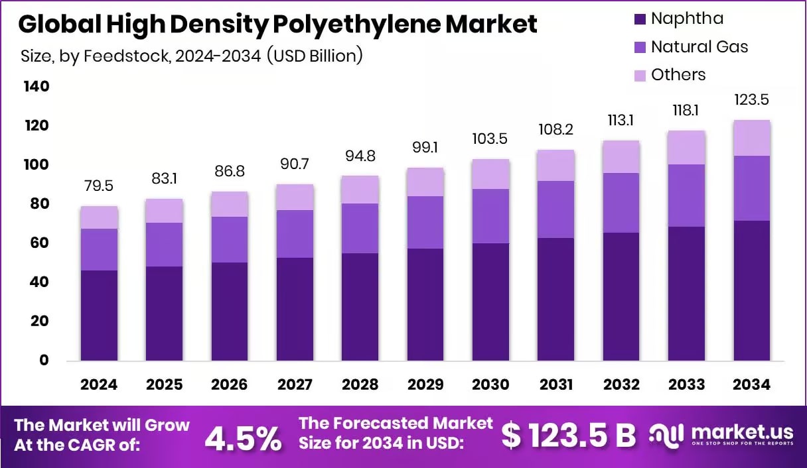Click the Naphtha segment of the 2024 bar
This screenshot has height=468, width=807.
[x=99, y=316]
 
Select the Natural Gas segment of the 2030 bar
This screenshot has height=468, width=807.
[x=490, y=216]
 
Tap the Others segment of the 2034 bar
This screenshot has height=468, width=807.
[x=752, y=138]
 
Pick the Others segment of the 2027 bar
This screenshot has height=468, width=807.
[x=295, y=198]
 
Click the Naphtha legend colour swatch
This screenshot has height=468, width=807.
[x=640, y=19]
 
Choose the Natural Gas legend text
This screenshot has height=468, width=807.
[x=699, y=46]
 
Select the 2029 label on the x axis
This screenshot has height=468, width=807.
[x=425, y=384]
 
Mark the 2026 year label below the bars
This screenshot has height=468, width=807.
[x=230, y=384]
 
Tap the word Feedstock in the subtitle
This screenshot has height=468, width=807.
[x=136, y=56]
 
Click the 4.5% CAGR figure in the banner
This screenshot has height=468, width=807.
[x=242, y=438]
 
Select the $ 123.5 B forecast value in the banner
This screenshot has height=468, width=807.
[x=568, y=436]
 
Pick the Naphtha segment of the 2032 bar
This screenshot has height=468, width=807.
[x=621, y=296]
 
